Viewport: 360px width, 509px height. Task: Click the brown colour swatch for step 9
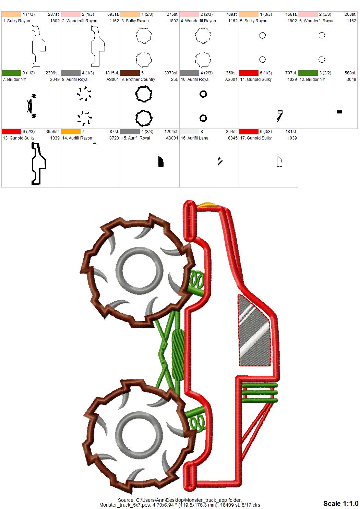pyautogui.click(x=130, y=73)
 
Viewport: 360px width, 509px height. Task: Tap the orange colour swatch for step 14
pyautogui.click(x=71, y=132)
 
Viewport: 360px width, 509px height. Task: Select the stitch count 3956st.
pyautogui.click(x=52, y=132)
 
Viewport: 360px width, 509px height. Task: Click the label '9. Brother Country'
pyautogui.click(x=138, y=80)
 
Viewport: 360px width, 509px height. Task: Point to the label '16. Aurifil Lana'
pyautogui.click(x=194, y=138)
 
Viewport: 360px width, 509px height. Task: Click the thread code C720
pyautogui.click(x=113, y=138)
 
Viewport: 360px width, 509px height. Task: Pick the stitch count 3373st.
pyautogui.click(x=171, y=73)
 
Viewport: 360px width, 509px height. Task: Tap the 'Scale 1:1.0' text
pyautogui.click(x=341, y=503)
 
